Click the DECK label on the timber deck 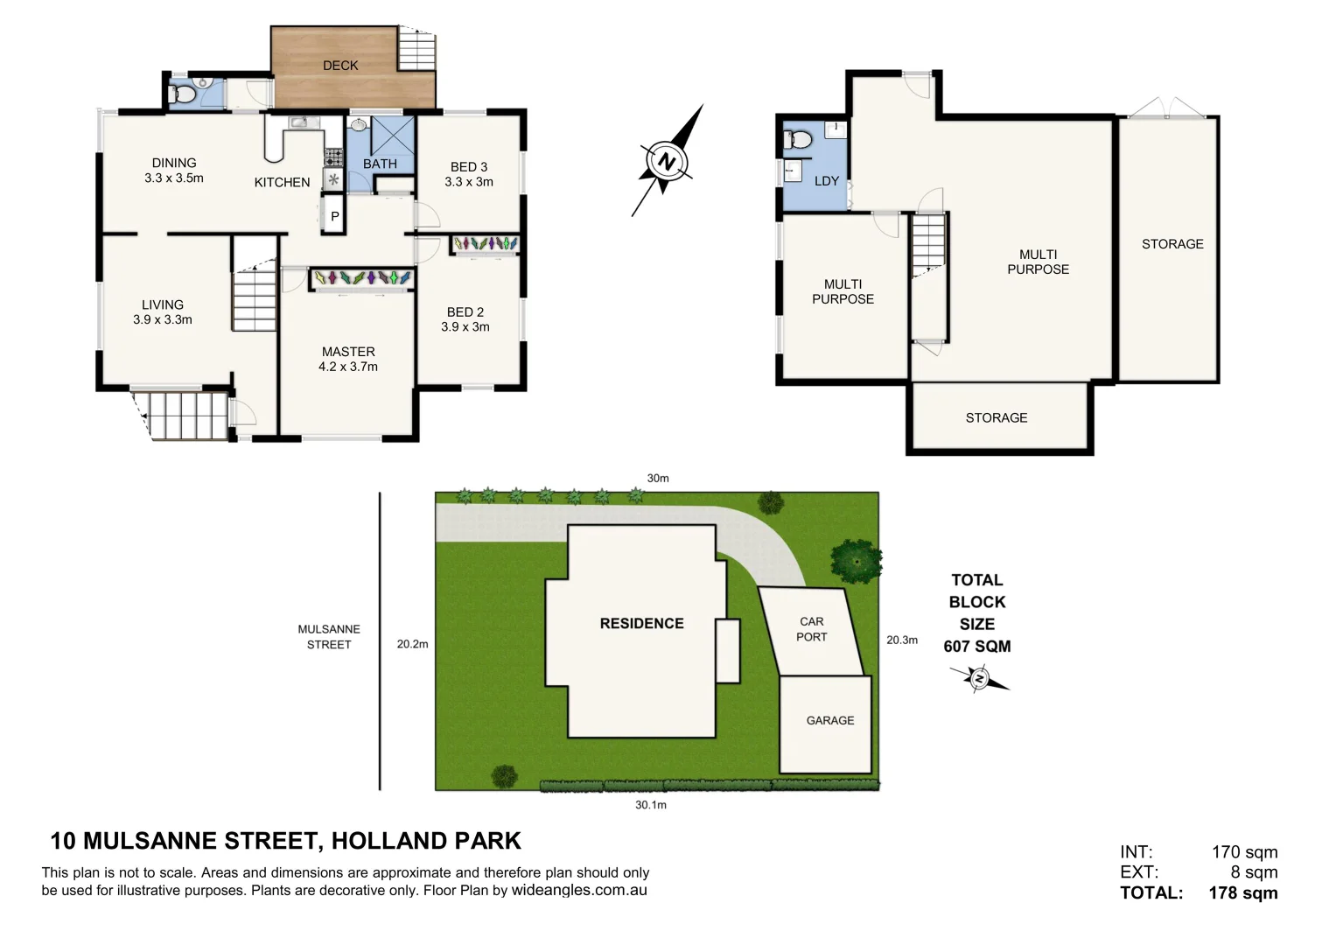tap(340, 66)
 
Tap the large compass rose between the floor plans tap(667, 162)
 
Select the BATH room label tap(380, 164)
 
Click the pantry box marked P tap(334, 216)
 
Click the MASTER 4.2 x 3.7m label tap(348, 359)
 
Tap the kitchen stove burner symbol tap(333, 157)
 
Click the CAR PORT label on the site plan tap(811, 629)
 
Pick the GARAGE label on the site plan tap(829, 720)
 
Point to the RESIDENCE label tap(641, 623)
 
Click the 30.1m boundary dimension tap(650, 805)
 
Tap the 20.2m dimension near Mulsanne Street tap(412, 644)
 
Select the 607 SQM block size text tap(976, 647)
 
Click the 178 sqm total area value tap(1242, 893)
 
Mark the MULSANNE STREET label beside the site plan tap(329, 636)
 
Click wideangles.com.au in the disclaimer tap(579, 891)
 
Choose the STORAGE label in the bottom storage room tap(997, 417)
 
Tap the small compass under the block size tap(979, 678)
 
